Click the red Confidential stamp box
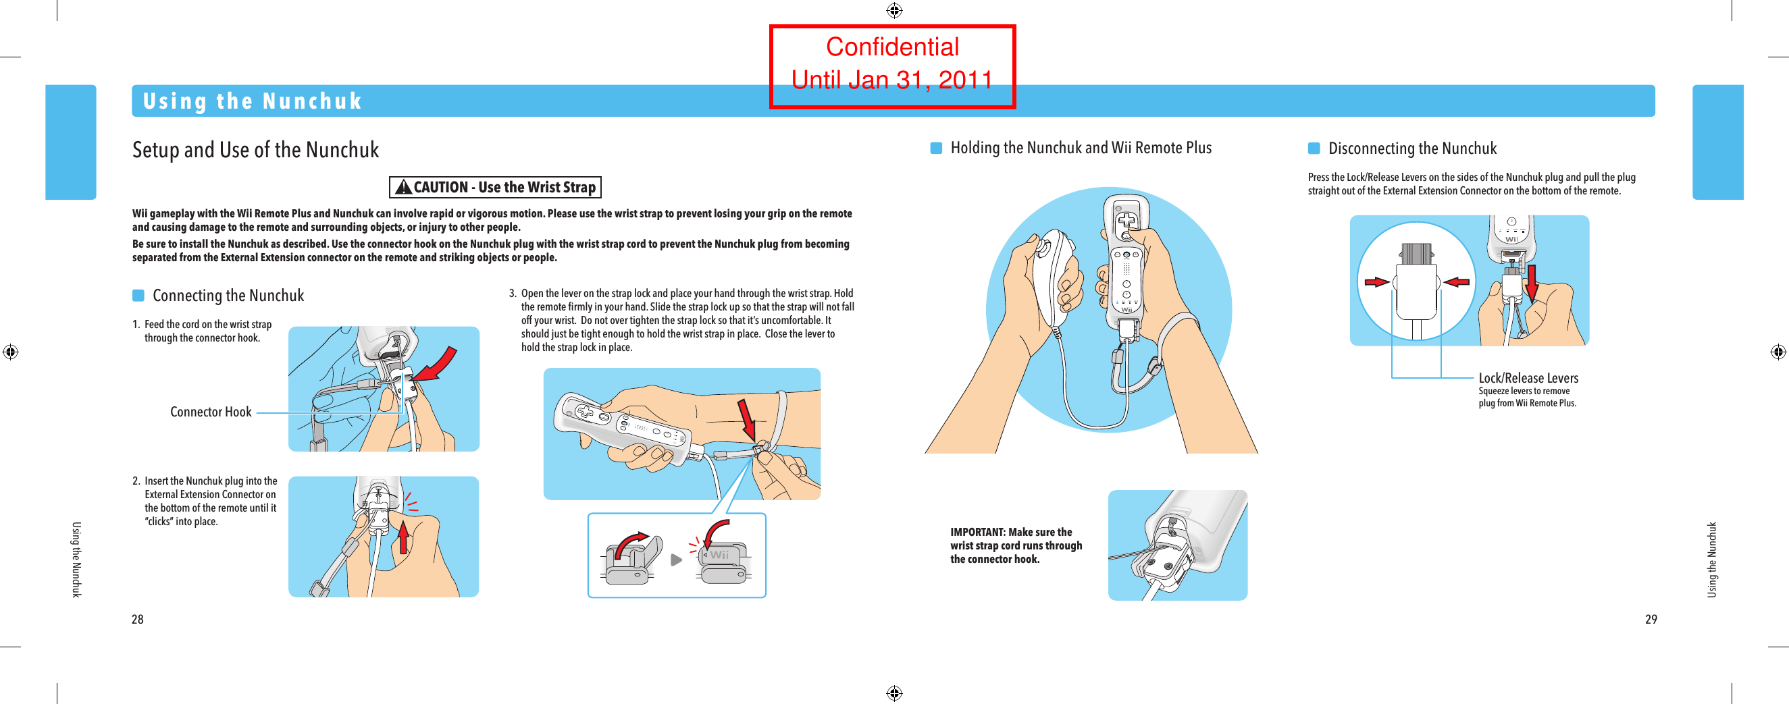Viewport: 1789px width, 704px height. pos(891,66)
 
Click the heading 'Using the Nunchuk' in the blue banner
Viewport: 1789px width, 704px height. pos(252,101)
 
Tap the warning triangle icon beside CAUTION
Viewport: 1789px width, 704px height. pos(403,188)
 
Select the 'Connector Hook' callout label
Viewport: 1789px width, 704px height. pos(211,412)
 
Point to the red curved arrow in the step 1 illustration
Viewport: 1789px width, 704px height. pos(438,364)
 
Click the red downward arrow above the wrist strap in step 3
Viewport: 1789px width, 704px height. pos(746,419)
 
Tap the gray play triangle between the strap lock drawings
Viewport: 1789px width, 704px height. pos(676,560)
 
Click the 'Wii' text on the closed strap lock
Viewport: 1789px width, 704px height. pos(719,555)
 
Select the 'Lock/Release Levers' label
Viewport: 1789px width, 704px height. pos(1528,379)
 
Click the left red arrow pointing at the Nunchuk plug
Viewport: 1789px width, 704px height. pos(1376,282)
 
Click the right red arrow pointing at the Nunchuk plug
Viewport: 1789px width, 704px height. pos(1456,282)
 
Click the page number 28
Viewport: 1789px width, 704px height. pos(138,620)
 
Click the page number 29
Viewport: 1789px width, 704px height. pos(1651,620)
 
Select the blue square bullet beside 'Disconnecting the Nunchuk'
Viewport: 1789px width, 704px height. pos(1314,148)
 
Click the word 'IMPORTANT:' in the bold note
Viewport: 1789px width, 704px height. pos(977,533)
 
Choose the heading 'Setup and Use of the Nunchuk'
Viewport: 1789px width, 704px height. pos(255,150)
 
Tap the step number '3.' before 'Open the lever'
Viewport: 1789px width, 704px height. pos(513,294)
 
